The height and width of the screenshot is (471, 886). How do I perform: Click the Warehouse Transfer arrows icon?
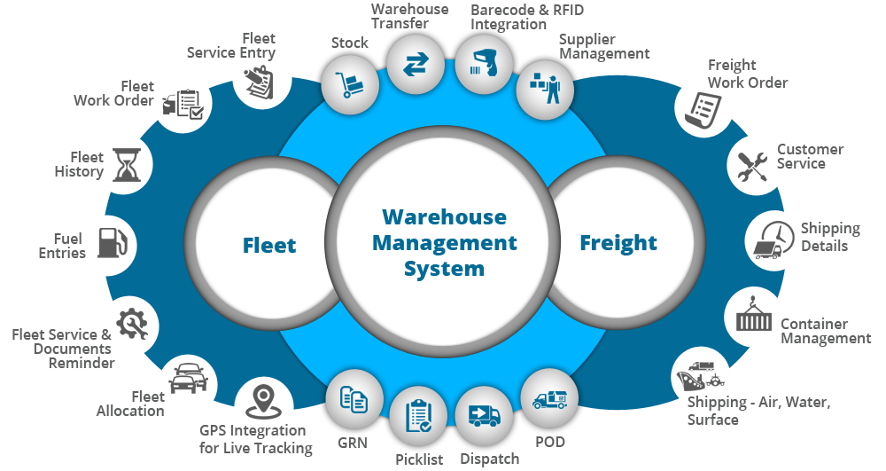415,65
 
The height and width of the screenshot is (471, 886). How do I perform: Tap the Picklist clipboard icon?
418,416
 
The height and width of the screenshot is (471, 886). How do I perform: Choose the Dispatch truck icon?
484,416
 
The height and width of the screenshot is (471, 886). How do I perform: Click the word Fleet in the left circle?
269,244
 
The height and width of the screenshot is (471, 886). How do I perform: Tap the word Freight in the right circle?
618,243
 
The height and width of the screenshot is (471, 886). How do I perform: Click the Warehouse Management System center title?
444,242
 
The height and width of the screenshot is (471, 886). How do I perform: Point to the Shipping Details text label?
830,237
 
